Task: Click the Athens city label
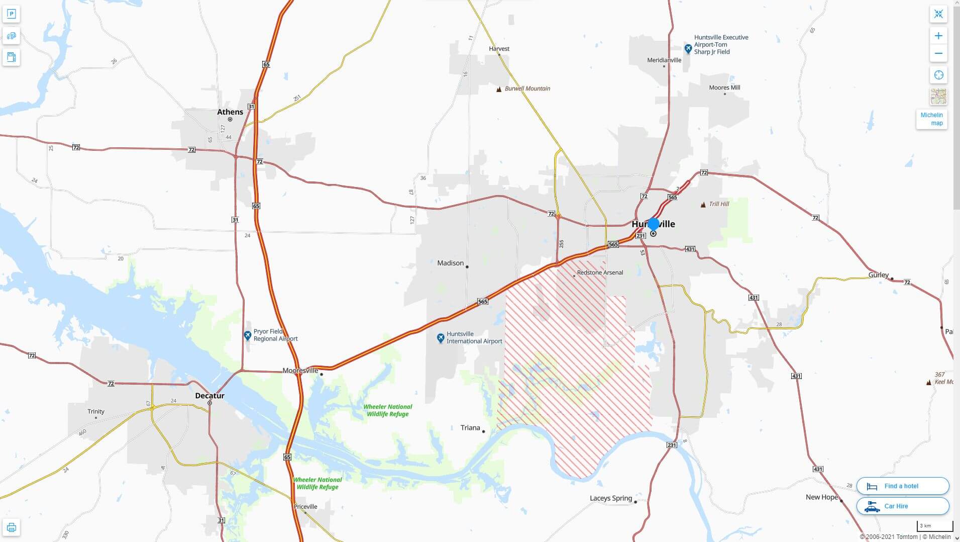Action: [x=230, y=112]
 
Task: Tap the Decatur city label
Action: [x=209, y=396]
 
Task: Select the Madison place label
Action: [x=450, y=263]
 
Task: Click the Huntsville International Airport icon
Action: [x=441, y=337]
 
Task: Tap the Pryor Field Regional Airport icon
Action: [x=247, y=335]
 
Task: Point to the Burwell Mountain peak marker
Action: [x=499, y=89]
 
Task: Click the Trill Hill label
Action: [x=718, y=204]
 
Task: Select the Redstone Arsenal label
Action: [x=600, y=273]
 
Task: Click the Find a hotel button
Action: [x=902, y=486]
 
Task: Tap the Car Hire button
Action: [x=902, y=506]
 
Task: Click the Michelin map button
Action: [x=931, y=119]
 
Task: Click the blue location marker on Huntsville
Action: [x=654, y=224]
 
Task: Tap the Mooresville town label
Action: [x=300, y=371]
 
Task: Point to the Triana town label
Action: [x=470, y=428]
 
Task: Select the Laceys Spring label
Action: [x=611, y=498]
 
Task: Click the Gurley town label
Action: [x=878, y=275]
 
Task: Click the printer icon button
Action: [x=11, y=527]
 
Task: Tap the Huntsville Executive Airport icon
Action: [x=688, y=49]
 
